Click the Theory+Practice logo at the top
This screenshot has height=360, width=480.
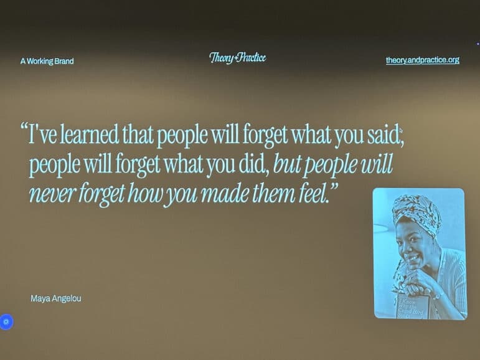pos(237,58)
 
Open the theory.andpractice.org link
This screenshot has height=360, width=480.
pos(422,60)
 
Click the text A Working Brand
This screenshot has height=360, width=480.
pos(47,61)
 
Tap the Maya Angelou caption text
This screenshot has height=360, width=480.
pos(56,298)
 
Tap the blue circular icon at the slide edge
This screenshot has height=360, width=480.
pos(6,321)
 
